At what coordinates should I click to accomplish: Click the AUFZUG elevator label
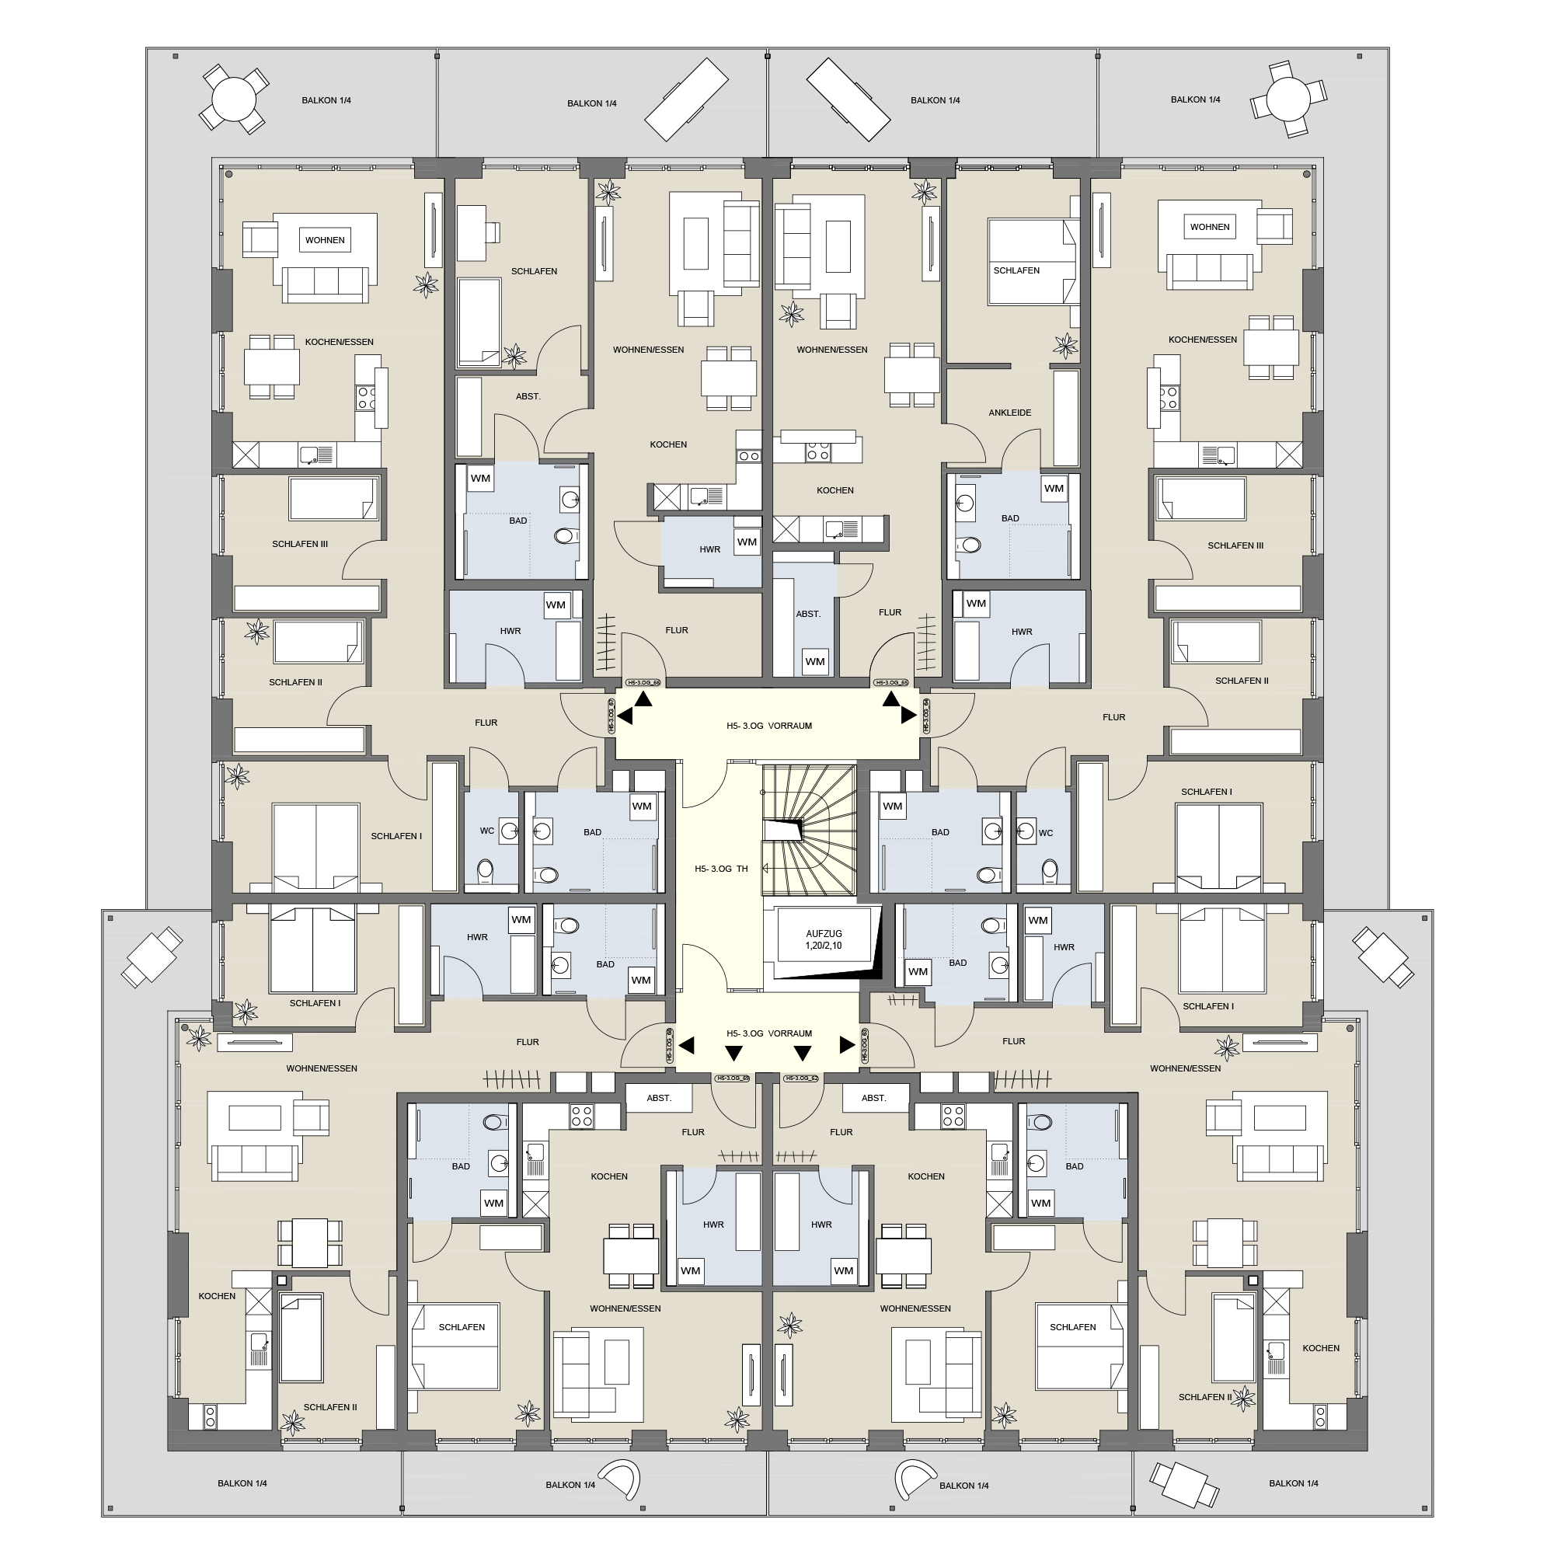click(x=824, y=933)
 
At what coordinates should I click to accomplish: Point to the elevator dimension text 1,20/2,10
click(x=824, y=946)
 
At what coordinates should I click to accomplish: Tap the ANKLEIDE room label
click(x=1009, y=413)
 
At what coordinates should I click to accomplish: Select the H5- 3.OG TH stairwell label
click(x=721, y=869)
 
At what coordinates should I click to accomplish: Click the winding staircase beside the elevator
click(x=808, y=828)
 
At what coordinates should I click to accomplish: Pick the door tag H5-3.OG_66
click(x=643, y=683)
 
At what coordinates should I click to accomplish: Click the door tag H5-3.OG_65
click(x=891, y=683)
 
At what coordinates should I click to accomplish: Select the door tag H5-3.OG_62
click(x=802, y=1078)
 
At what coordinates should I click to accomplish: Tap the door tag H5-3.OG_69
click(x=732, y=1078)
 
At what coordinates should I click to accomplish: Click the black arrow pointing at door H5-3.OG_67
click(x=625, y=716)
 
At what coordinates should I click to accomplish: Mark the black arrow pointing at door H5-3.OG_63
click(x=847, y=1045)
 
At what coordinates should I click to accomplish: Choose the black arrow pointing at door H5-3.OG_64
click(x=909, y=715)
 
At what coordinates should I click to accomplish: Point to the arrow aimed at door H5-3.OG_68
click(x=686, y=1046)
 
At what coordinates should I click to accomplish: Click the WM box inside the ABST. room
click(x=815, y=662)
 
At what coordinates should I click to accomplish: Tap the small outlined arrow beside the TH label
click(x=765, y=868)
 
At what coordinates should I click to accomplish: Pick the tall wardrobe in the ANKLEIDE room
click(x=1066, y=418)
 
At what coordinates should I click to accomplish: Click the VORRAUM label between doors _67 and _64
click(x=769, y=726)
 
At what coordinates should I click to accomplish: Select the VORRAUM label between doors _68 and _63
click(x=769, y=1033)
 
